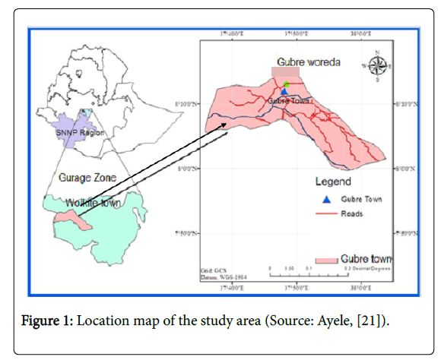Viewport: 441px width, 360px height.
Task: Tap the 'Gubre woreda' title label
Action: tap(308, 62)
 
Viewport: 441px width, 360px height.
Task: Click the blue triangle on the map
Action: tap(284, 92)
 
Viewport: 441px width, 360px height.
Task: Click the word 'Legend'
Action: tap(333, 182)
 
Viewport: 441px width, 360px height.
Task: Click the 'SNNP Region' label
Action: tap(80, 133)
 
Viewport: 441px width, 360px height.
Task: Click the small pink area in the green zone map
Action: tap(73, 218)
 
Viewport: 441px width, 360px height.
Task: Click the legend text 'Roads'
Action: tap(357, 213)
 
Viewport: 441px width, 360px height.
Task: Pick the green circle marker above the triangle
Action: tap(286, 84)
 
